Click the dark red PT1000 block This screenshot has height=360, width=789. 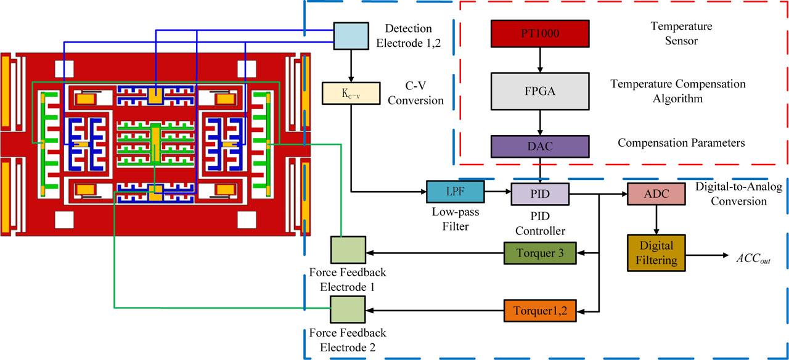coord(539,34)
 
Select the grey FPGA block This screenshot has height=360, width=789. coord(539,91)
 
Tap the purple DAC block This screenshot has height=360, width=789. coord(539,146)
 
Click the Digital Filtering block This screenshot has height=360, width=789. coord(656,253)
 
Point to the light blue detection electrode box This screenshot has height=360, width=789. coord(351,36)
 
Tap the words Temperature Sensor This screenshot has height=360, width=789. coord(681,35)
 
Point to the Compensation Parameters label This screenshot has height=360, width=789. coord(681,143)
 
